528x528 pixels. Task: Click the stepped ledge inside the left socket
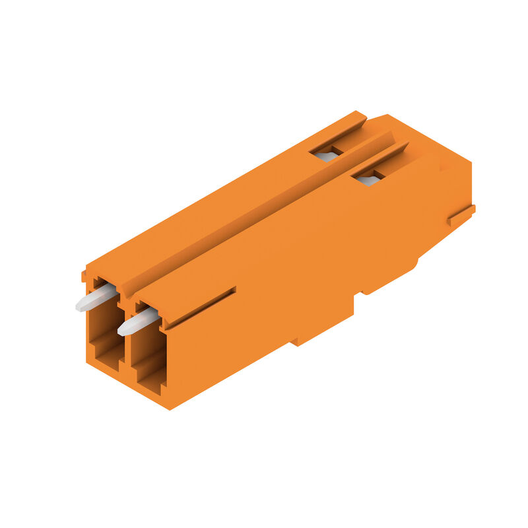point(106,346)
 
